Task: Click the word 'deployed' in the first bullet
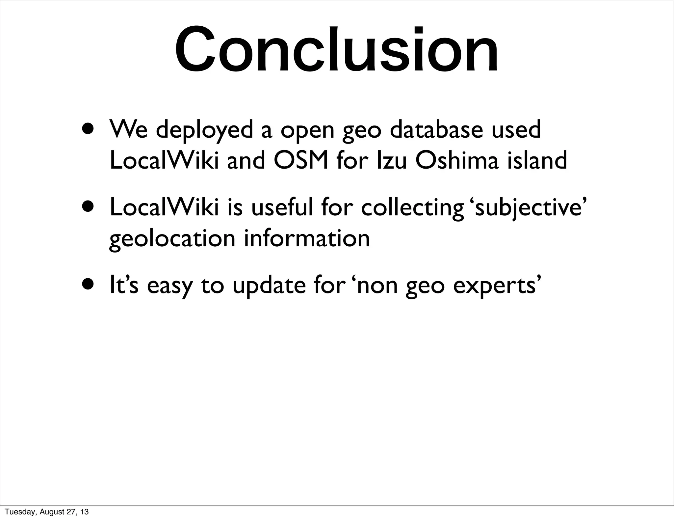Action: [204, 130]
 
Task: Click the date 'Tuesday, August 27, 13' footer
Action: [47, 512]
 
